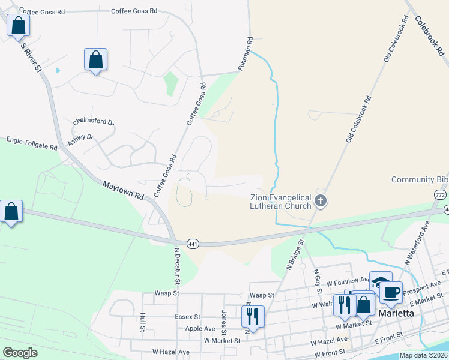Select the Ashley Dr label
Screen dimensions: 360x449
[x=81, y=140]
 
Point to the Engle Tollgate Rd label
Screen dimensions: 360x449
[x=32, y=143]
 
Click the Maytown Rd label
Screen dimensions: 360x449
[x=123, y=191]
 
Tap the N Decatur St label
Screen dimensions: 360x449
[x=177, y=266]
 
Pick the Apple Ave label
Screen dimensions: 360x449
[x=200, y=328]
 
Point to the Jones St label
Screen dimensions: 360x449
[x=223, y=322]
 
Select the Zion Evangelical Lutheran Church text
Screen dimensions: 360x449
[x=280, y=202]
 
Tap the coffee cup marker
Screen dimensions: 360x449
[x=391, y=292]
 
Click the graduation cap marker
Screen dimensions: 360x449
[x=380, y=282]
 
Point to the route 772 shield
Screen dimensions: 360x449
[x=441, y=195]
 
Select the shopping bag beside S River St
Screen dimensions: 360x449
[x=19, y=25]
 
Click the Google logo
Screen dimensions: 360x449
[x=20, y=353]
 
